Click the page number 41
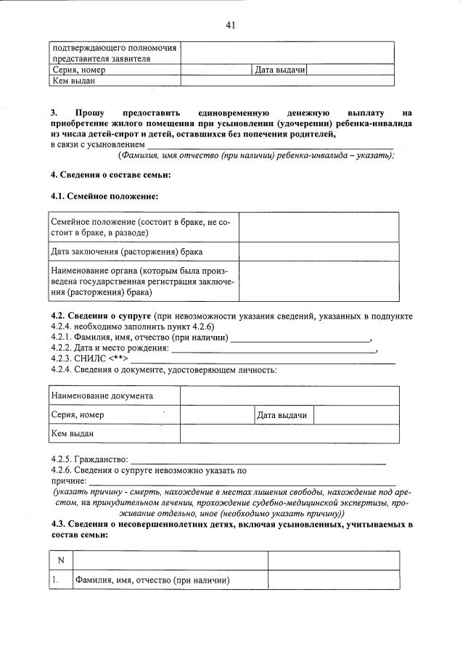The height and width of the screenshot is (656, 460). (x=230, y=25)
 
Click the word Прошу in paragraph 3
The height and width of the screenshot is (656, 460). (x=89, y=113)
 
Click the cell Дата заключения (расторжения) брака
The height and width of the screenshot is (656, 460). (x=126, y=252)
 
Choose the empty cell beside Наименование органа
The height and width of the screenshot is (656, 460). (x=319, y=282)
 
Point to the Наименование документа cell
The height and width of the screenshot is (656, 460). (x=102, y=396)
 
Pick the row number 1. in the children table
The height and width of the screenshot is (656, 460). (x=55, y=580)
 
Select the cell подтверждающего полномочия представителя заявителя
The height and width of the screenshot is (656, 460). (x=114, y=53)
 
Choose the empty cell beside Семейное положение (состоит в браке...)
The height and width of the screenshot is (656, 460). (x=319, y=227)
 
